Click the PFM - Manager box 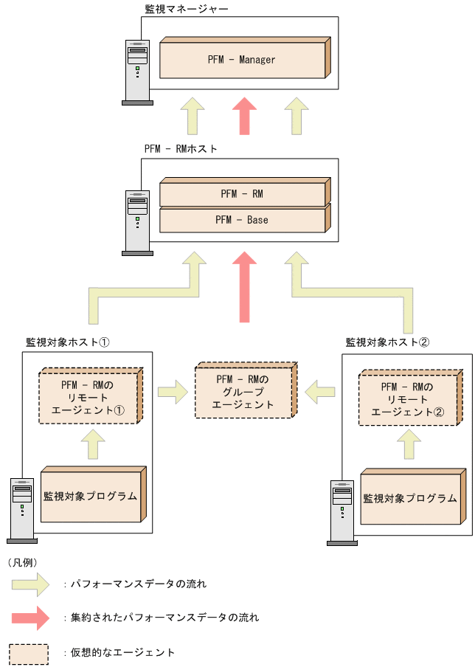tap(242, 60)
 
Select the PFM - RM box tap(242, 194)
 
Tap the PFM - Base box tap(242, 220)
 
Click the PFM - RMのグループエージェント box tap(243, 392)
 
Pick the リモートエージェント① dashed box tap(89, 398)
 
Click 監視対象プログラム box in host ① tap(91, 496)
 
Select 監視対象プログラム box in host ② tap(410, 498)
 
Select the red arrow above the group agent tap(244, 287)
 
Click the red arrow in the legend tap(30, 617)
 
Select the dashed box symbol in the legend tap(30, 653)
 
